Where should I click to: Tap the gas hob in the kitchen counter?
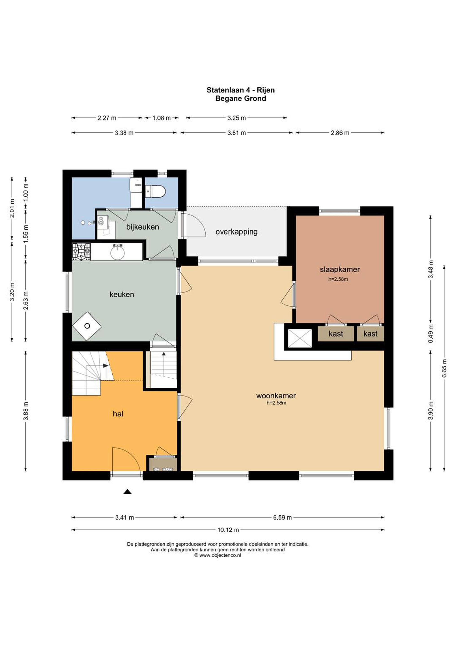tap(82, 252)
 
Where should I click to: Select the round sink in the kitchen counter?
tap(117, 252)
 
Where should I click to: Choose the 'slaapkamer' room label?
tap(340, 269)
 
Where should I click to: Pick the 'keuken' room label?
tap(122, 295)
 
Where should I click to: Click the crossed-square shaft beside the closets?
tap(300, 338)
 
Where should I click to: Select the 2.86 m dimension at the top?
tap(340, 133)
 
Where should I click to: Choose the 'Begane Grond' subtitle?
tap(241, 98)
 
